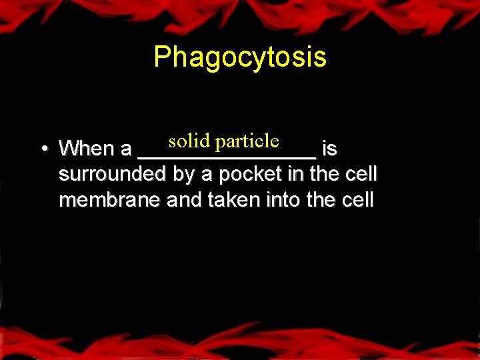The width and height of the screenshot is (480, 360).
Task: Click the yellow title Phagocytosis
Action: [240, 57]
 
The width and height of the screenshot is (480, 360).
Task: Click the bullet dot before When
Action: [42, 149]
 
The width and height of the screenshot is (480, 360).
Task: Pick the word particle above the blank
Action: [247, 141]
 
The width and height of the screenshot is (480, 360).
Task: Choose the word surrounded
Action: [111, 175]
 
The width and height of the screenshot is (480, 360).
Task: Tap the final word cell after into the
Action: [356, 201]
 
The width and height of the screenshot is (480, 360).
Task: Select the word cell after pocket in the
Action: [361, 175]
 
